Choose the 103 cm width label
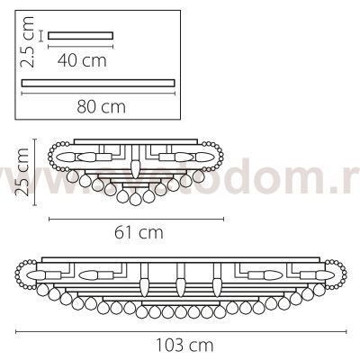[180, 343]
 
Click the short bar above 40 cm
[81, 36]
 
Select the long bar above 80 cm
[96, 81]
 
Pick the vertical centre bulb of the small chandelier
[135, 168]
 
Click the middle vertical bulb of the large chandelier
[181, 286]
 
